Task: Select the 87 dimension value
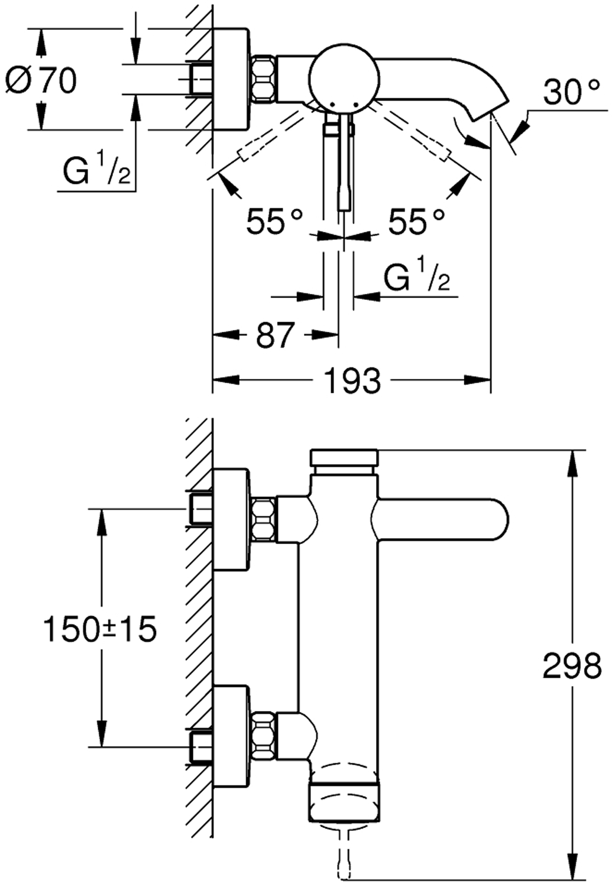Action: tap(275, 335)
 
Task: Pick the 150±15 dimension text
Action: tap(101, 629)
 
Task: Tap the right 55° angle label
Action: tap(416, 222)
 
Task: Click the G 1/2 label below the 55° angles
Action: tap(416, 276)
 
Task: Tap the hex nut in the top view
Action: tap(264, 78)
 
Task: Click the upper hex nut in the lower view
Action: tap(264, 519)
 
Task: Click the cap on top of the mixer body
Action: tap(344, 458)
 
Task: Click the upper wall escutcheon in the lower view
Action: tap(231, 519)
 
